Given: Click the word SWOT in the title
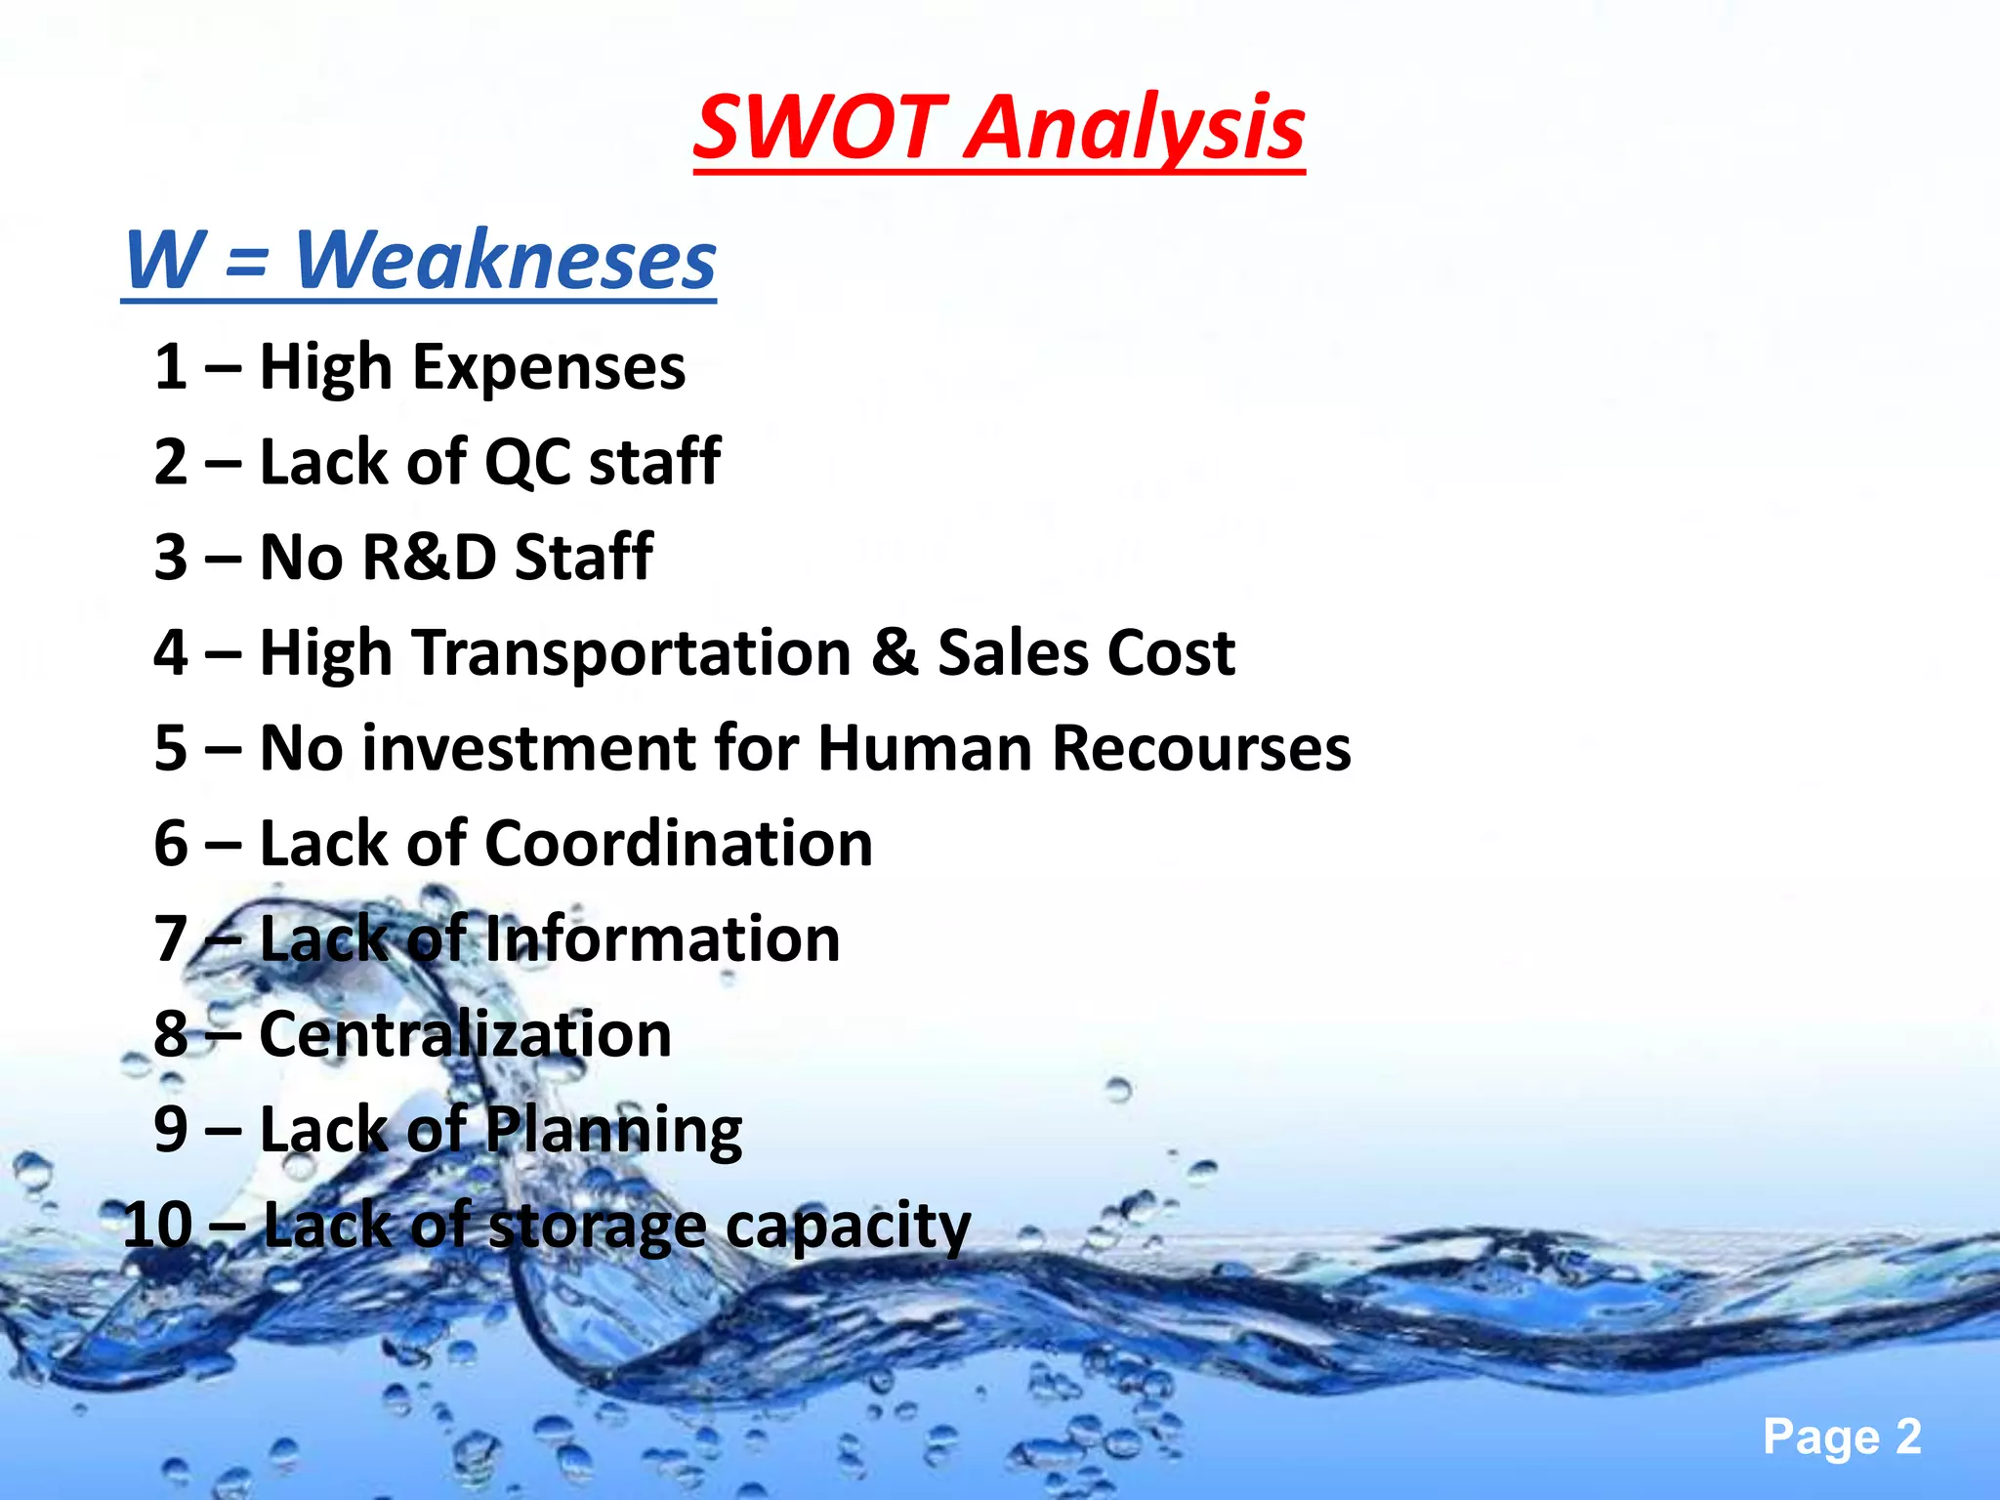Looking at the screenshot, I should [x=819, y=128].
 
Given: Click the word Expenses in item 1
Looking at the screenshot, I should [x=549, y=369].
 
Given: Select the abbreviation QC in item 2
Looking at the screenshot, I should [x=527, y=462].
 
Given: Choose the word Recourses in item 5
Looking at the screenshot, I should [x=1201, y=749].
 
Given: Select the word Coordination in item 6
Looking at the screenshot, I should [x=679, y=844].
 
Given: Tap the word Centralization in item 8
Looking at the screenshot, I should [x=466, y=1034].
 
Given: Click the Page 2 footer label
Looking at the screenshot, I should [x=1842, y=1437].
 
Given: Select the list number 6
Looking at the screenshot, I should [x=171, y=844].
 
